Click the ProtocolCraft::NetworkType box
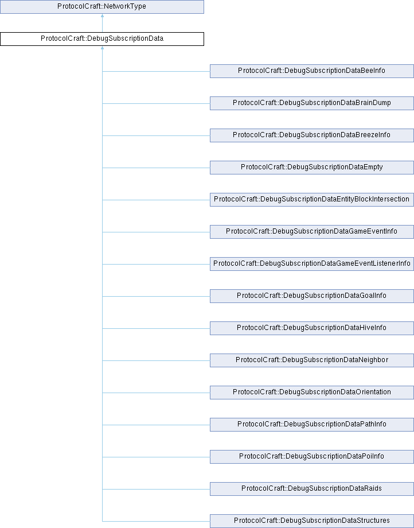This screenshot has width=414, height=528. click(x=102, y=7)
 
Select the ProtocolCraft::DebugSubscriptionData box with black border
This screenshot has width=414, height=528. click(x=102, y=38)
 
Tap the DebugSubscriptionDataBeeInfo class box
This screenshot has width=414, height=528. click(x=312, y=71)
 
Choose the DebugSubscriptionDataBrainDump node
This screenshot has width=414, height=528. click(x=312, y=103)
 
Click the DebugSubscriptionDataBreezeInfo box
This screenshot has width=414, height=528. click(x=312, y=135)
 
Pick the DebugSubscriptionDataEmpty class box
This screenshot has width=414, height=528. click(x=312, y=168)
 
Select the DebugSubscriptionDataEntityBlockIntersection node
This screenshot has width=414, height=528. click(x=312, y=200)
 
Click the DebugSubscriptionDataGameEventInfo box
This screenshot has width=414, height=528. click(x=312, y=232)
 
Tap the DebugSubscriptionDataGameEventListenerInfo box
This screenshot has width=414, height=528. click(x=312, y=263)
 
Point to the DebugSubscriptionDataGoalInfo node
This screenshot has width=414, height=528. click(x=312, y=296)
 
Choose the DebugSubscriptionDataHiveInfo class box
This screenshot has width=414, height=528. click(x=312, y=328)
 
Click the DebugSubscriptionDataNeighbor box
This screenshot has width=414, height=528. click(x=312, y=360)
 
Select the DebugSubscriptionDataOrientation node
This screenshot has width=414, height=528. click(x=312, y=393)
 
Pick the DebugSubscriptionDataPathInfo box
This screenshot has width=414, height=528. click(x=312, y=425)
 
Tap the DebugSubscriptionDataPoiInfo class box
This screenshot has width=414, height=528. click(x=312, y=457)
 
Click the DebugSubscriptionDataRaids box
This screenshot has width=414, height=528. click(x=312, y=488)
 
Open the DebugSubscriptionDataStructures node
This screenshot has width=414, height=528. click(x=312, y=521)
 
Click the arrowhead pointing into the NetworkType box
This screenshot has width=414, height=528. click(x=102, y=15)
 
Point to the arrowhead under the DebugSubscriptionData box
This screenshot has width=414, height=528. click(x=102, y=48)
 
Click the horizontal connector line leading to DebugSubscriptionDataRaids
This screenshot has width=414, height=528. click(x=156, y=489)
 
